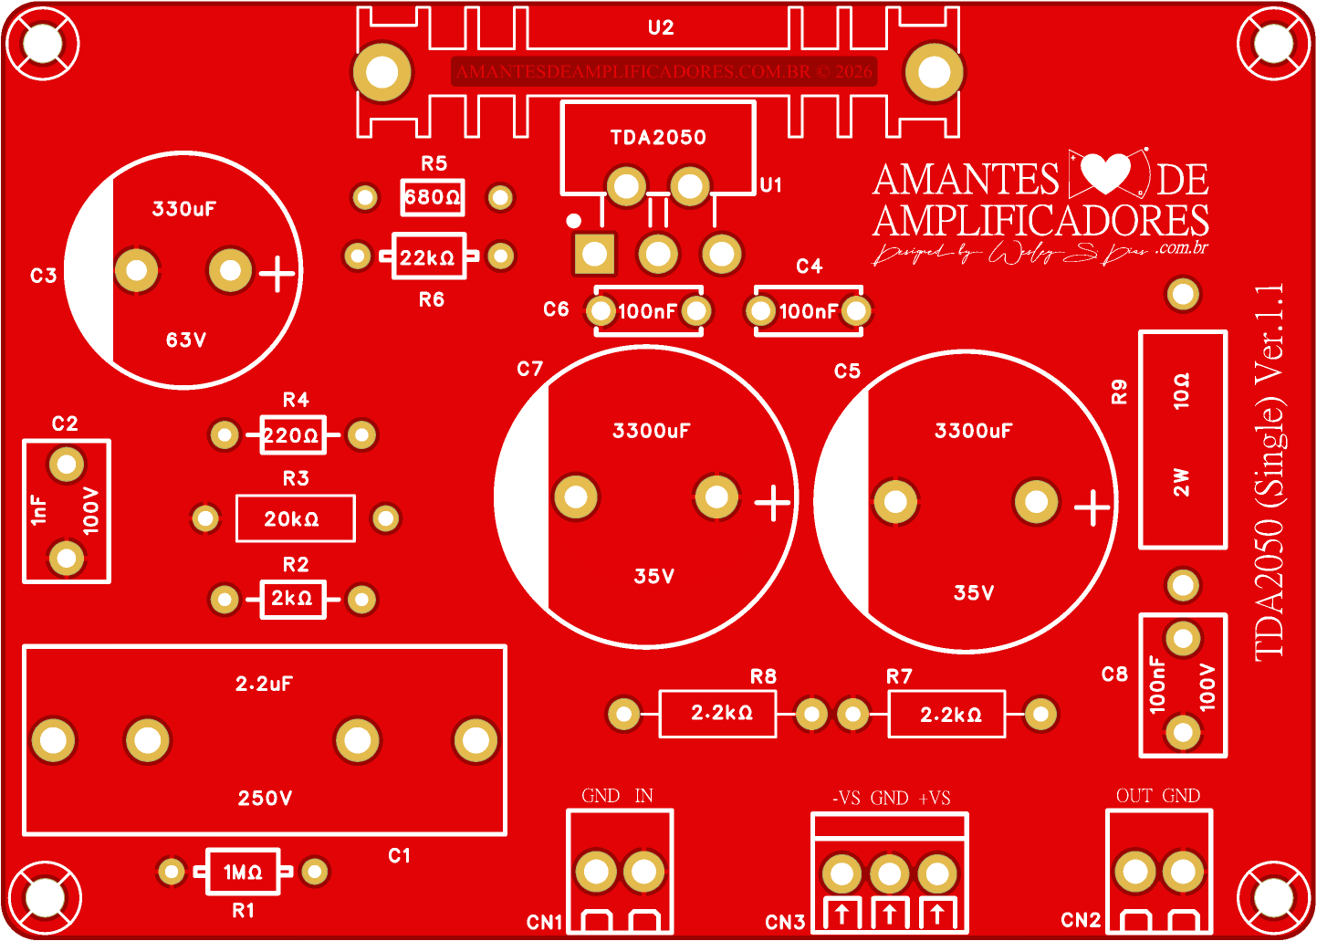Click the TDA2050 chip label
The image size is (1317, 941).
pos(658,138)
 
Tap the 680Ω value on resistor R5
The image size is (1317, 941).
pos(433,197)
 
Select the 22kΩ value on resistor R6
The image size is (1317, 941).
pos(427,257)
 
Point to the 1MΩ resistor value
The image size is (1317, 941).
pos(243,873)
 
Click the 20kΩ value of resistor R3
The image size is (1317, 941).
pos(292,519)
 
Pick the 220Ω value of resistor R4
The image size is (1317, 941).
pos(292,435)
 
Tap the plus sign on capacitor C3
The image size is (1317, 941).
pos(277,273)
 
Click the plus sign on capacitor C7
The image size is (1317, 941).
pos(773,503)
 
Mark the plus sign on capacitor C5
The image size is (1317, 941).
pos(1092,508)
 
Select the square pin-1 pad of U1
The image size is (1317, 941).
pos(594,255)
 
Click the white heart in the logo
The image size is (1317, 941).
pos(1105,173)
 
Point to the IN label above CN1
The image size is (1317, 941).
pos(644,796)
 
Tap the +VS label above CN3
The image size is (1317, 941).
pos(935,799)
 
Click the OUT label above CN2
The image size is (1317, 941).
pos(1134,796)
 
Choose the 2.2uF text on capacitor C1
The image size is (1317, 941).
pos(265,684)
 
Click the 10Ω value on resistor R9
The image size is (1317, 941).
pos(1182,391)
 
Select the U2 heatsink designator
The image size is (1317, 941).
pos(661,28)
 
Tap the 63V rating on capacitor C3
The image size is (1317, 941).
pos(186,340)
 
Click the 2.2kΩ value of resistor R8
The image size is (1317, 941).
pos(722,713)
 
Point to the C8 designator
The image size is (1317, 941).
pos(1114,674)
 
